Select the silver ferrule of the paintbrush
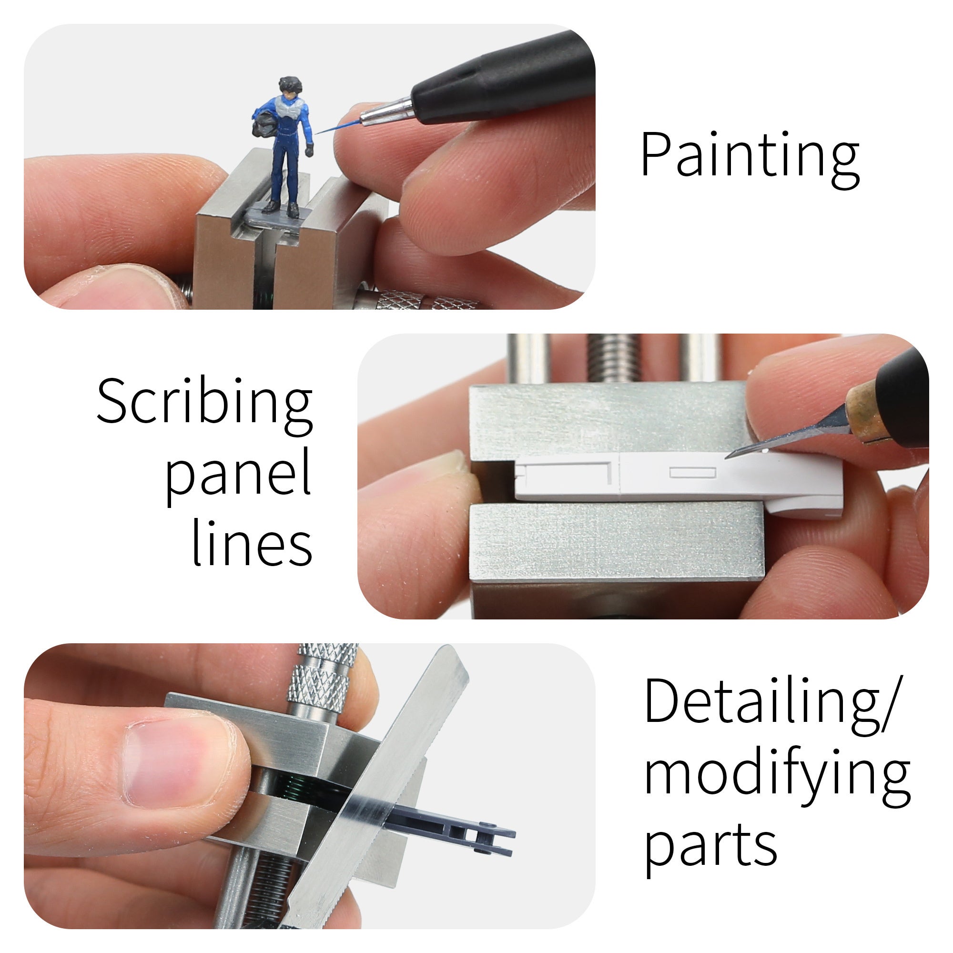tap(387, 112)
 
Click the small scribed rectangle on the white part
tap(692, 473)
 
